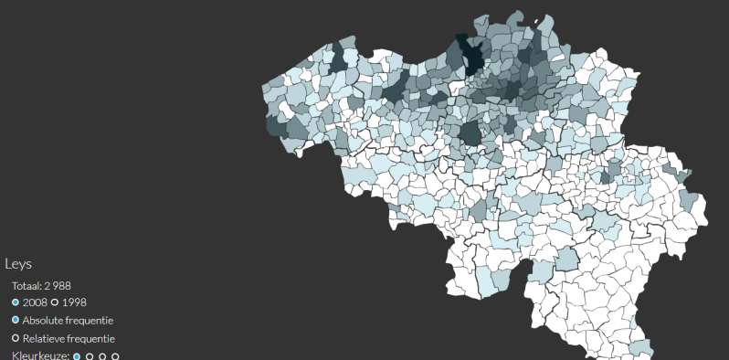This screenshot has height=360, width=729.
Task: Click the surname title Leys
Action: (x=18, y=264)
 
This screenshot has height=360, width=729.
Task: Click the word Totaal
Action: (x=26, y=285)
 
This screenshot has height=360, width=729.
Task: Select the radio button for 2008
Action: (x=16, y=302)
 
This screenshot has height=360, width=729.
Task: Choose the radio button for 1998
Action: (x=55, y=302)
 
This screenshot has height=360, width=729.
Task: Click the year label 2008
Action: (x=35, y=302)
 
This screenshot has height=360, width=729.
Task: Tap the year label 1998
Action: (x=74, y=302)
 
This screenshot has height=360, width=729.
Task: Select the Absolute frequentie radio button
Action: (x=16, y=321)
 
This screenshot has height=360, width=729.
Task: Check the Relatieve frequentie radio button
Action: (x=16, y=339)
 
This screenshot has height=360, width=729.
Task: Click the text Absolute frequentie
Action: (x=68, y=321)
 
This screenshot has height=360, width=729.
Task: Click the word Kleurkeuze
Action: (x=39, y=355)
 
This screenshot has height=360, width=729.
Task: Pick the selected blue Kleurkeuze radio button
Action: (x=77, y=356)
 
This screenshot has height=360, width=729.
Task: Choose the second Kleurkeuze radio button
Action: (x=90, y=356)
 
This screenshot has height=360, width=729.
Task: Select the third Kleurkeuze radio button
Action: (x=102, y=356)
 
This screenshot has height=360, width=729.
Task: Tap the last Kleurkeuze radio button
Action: (x=115, y=356)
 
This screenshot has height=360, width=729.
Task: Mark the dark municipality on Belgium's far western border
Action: (x=275, y=125)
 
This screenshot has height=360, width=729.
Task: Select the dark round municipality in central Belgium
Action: (x=471, y=133)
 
